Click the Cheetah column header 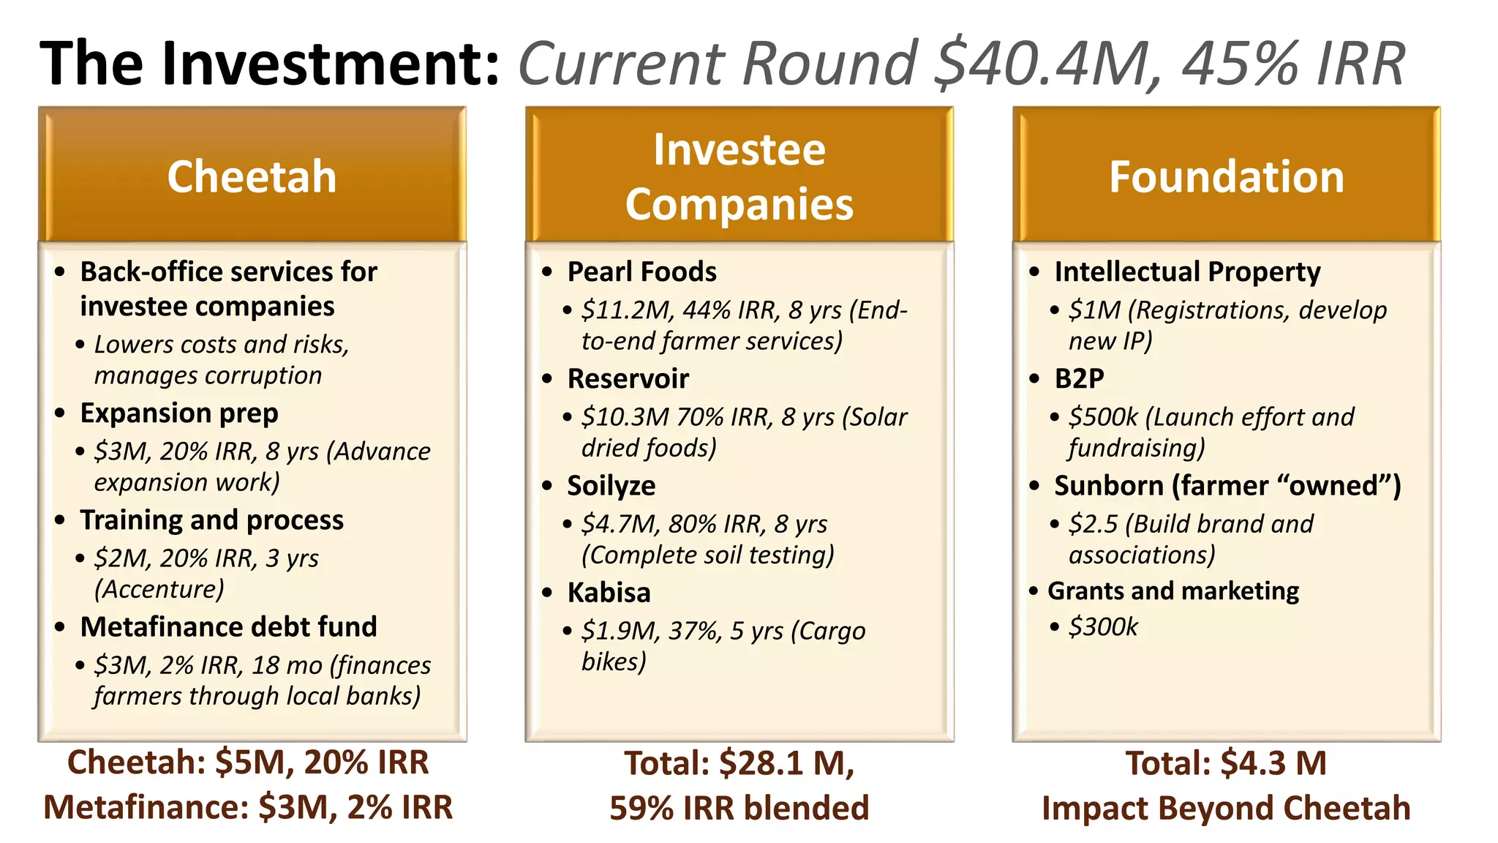(x=252, y=176)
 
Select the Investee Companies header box (x=739, y=176)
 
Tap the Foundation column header (x=1226, y=176)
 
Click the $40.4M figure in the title (x=1047, y=64)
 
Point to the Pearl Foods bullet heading (x=641, y=271)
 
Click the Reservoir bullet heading (x=628, y=378)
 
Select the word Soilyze (x=611, y=485)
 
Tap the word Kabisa (x=609, y=592)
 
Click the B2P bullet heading (x=1079, y=378)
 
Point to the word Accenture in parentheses (x=159, y=589)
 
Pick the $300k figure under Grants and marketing (x=1103, y=627)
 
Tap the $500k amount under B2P (x=1103, y=417)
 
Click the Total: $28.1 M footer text (x=739, y=763)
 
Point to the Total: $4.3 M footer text (x=1226, y=763)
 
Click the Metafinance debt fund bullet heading (x=228, y=626)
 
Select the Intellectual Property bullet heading (x=1187, y=271)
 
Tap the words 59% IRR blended (x=739, y=808)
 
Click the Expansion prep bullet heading (x=179, y=413)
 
